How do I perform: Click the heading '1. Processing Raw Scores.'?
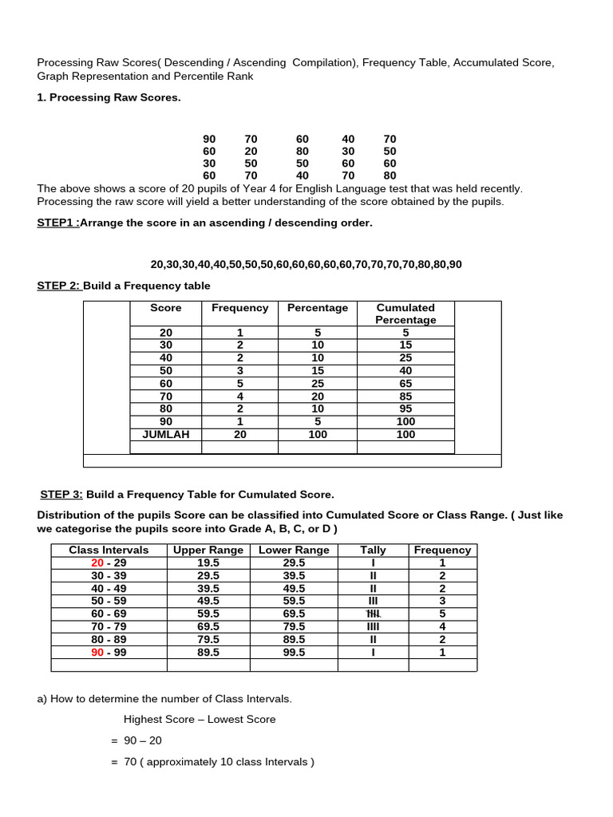[109, 97]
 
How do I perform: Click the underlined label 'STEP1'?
[57, 223]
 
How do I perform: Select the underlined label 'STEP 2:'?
[58, 286]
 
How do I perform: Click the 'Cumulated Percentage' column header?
[405, 314]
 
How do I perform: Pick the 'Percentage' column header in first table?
[318, 308]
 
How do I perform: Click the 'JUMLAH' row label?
[166, 434]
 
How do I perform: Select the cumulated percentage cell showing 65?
[405, 384]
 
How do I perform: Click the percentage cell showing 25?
[318, 384]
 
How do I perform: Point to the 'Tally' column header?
[373, 550]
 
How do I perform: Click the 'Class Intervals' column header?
[109, 550]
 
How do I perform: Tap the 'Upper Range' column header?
[208, 550]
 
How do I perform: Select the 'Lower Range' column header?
[294, 550]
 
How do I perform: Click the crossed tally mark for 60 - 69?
[373, 614]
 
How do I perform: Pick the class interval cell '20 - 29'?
[109, 562]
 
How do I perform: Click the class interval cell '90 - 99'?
[109, 652]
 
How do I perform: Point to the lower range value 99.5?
[294, 652]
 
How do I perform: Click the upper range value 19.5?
[208, 562]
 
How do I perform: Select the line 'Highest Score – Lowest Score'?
[200, 719]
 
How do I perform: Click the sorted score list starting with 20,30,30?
[306, 264]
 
